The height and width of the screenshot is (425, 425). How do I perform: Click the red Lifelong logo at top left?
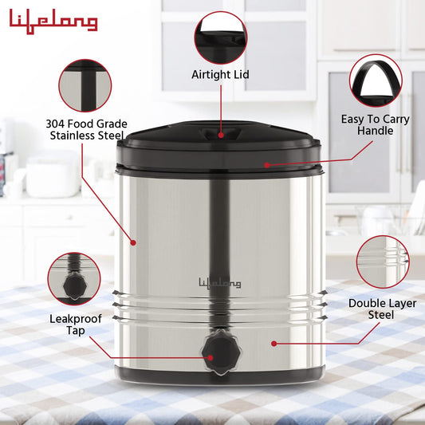[53, 22]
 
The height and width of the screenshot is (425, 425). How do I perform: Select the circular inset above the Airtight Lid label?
[221, 37]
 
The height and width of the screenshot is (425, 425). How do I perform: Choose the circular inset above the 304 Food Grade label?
[85, 85]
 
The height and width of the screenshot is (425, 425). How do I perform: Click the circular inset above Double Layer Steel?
[383, 262]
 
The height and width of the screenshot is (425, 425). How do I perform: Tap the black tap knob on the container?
[218, 353]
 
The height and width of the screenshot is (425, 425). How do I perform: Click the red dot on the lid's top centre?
[221, 136]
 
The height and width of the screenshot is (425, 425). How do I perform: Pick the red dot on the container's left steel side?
[133, 242]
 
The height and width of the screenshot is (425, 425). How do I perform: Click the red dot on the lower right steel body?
[273, 344]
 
